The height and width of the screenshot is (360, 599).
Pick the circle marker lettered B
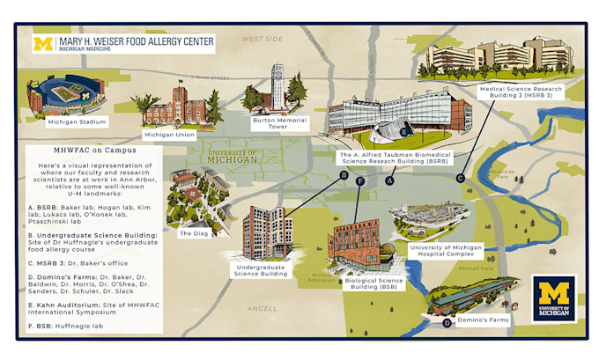click(344, 175)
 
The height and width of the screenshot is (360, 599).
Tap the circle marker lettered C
click(460, 177)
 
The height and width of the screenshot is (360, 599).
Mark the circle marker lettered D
click(447, 322)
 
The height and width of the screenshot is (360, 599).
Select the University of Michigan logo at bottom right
click(554, 299)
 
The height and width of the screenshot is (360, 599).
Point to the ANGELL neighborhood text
click(262, 308)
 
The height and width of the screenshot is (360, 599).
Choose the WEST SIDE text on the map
click(263, 39)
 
